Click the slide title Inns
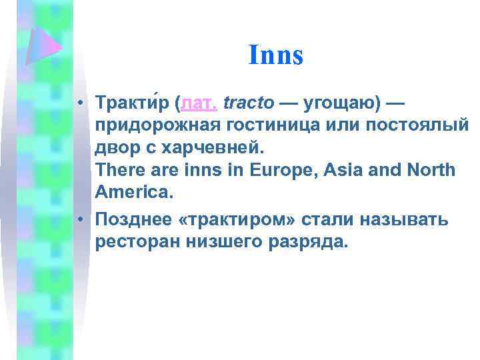[275, 55]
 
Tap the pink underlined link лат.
[197, 104]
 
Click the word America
[131, 193]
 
